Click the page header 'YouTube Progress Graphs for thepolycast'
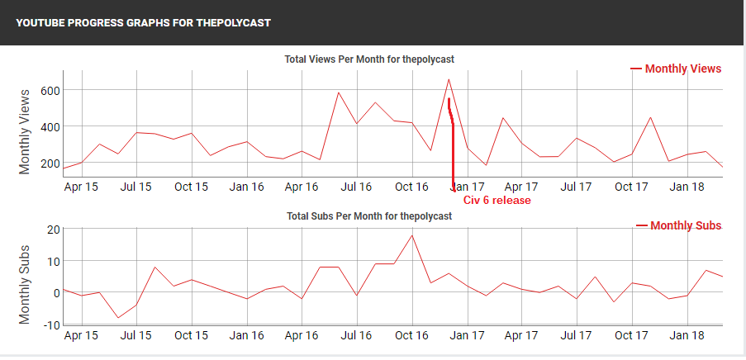click(143, 23)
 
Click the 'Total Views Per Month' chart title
click(369, 59)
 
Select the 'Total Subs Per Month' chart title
click(369, 216)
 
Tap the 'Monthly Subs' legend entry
click(685, 225)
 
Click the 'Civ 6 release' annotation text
click(497, 200)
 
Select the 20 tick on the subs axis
click(51, 229)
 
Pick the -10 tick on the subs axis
click(50, 324)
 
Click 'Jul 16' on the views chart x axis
click(356, 187)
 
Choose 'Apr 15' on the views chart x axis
click(81, 187)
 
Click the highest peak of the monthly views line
click(448, 80)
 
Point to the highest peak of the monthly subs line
click(412, 235)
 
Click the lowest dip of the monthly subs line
click(118, 318)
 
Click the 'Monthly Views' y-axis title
click(25, 130)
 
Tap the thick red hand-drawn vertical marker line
click(453, 149)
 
